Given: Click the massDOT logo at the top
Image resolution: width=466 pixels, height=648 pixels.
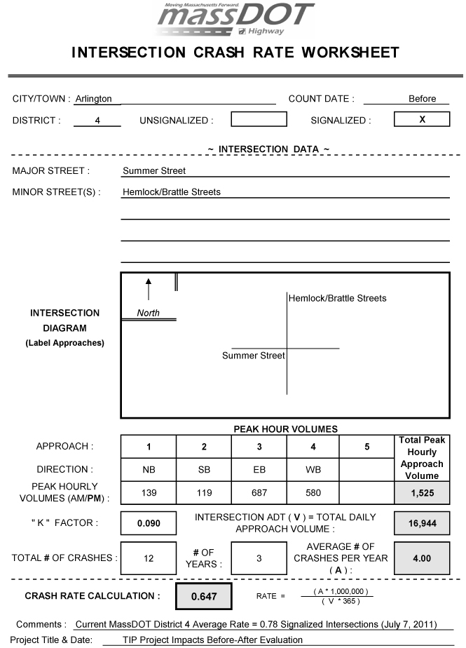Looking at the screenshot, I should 234,20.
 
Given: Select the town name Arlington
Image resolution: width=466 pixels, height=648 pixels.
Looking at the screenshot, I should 93,99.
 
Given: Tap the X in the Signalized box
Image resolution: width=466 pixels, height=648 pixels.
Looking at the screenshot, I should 422,120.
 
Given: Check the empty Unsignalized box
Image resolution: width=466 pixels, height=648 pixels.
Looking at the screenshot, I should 259,120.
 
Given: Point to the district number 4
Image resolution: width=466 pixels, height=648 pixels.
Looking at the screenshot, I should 97,121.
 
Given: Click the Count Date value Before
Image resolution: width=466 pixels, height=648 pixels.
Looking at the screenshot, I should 422,99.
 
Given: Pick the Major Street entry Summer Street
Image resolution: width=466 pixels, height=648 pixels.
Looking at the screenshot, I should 154,170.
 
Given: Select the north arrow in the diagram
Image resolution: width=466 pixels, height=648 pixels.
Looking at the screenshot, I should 148,288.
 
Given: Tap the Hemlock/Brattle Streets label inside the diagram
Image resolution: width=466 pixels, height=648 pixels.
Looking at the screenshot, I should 337,298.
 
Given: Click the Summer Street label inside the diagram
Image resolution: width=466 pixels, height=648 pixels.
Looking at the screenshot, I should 254,356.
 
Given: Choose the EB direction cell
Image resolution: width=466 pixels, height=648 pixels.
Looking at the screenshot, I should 259,470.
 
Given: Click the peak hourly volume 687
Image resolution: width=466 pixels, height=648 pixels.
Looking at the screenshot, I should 259,493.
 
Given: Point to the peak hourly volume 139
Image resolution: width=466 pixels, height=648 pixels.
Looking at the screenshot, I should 149,493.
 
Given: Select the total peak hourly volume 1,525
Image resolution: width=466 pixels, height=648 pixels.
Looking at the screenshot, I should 422,493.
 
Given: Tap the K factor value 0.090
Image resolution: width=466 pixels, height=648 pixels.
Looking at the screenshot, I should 149,522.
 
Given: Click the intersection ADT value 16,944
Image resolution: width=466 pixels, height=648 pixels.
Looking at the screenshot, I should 422,522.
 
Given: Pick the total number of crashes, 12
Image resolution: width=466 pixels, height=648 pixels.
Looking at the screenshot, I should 149,558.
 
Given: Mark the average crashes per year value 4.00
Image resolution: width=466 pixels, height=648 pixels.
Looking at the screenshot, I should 422,558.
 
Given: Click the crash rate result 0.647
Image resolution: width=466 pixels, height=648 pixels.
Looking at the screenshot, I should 203,597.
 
